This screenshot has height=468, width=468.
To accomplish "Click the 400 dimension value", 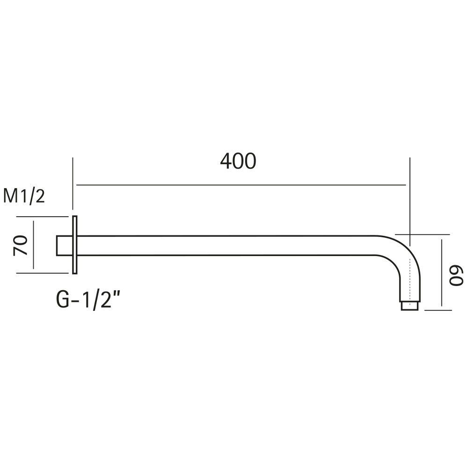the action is click(x=238, y=161).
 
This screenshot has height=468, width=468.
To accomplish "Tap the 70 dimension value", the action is click(x=20, y=245).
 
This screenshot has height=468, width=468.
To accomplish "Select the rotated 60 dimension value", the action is click(x=456, y=276).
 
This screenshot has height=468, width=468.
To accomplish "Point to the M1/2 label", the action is click(x=24, y=196).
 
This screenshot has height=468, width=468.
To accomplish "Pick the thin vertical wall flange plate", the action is click(x=74, y=245).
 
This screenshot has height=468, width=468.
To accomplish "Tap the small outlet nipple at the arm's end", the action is click(x=409, y=306).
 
